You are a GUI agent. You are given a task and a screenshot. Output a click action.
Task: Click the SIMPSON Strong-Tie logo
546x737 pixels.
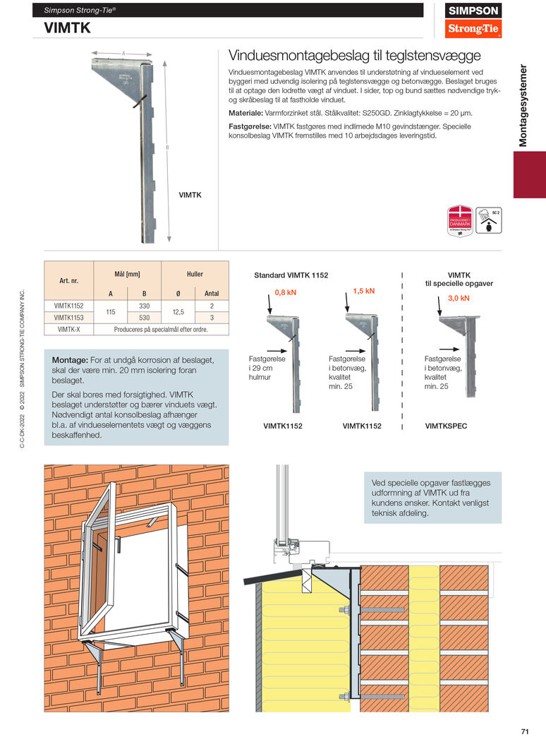(475, 20)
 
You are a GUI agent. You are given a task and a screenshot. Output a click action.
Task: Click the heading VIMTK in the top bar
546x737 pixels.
(67, 28)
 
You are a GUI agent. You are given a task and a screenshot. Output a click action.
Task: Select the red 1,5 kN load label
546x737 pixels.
(363, 290)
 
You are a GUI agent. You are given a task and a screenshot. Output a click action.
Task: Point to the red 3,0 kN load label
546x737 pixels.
(459, 298)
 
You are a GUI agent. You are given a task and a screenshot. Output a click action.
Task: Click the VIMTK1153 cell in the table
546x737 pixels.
(69, 317)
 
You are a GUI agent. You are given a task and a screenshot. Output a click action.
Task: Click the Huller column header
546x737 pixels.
(195, 273)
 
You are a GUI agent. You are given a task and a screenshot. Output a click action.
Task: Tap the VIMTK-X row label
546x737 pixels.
(69, 329)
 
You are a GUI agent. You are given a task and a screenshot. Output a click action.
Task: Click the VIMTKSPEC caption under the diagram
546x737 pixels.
(446, 426)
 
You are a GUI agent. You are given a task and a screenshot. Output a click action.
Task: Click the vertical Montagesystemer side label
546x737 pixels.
(523, 105)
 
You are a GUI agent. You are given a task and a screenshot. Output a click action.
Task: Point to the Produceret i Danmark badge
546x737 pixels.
(459, 220)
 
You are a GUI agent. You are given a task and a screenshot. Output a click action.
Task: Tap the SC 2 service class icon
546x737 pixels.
(489, 220)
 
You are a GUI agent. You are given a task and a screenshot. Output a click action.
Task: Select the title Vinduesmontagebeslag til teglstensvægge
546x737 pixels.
(355, 55)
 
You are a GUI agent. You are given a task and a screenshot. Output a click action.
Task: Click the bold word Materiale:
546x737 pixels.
(245, 113)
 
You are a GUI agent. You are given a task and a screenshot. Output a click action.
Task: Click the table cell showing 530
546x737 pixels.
(144, 317)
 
